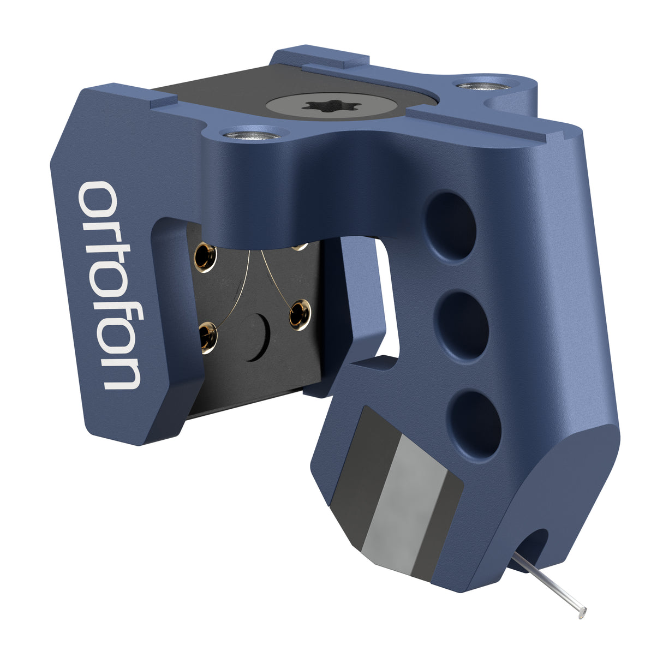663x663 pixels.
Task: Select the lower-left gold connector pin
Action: pos(207,335)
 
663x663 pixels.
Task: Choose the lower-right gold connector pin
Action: pos(299,314)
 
